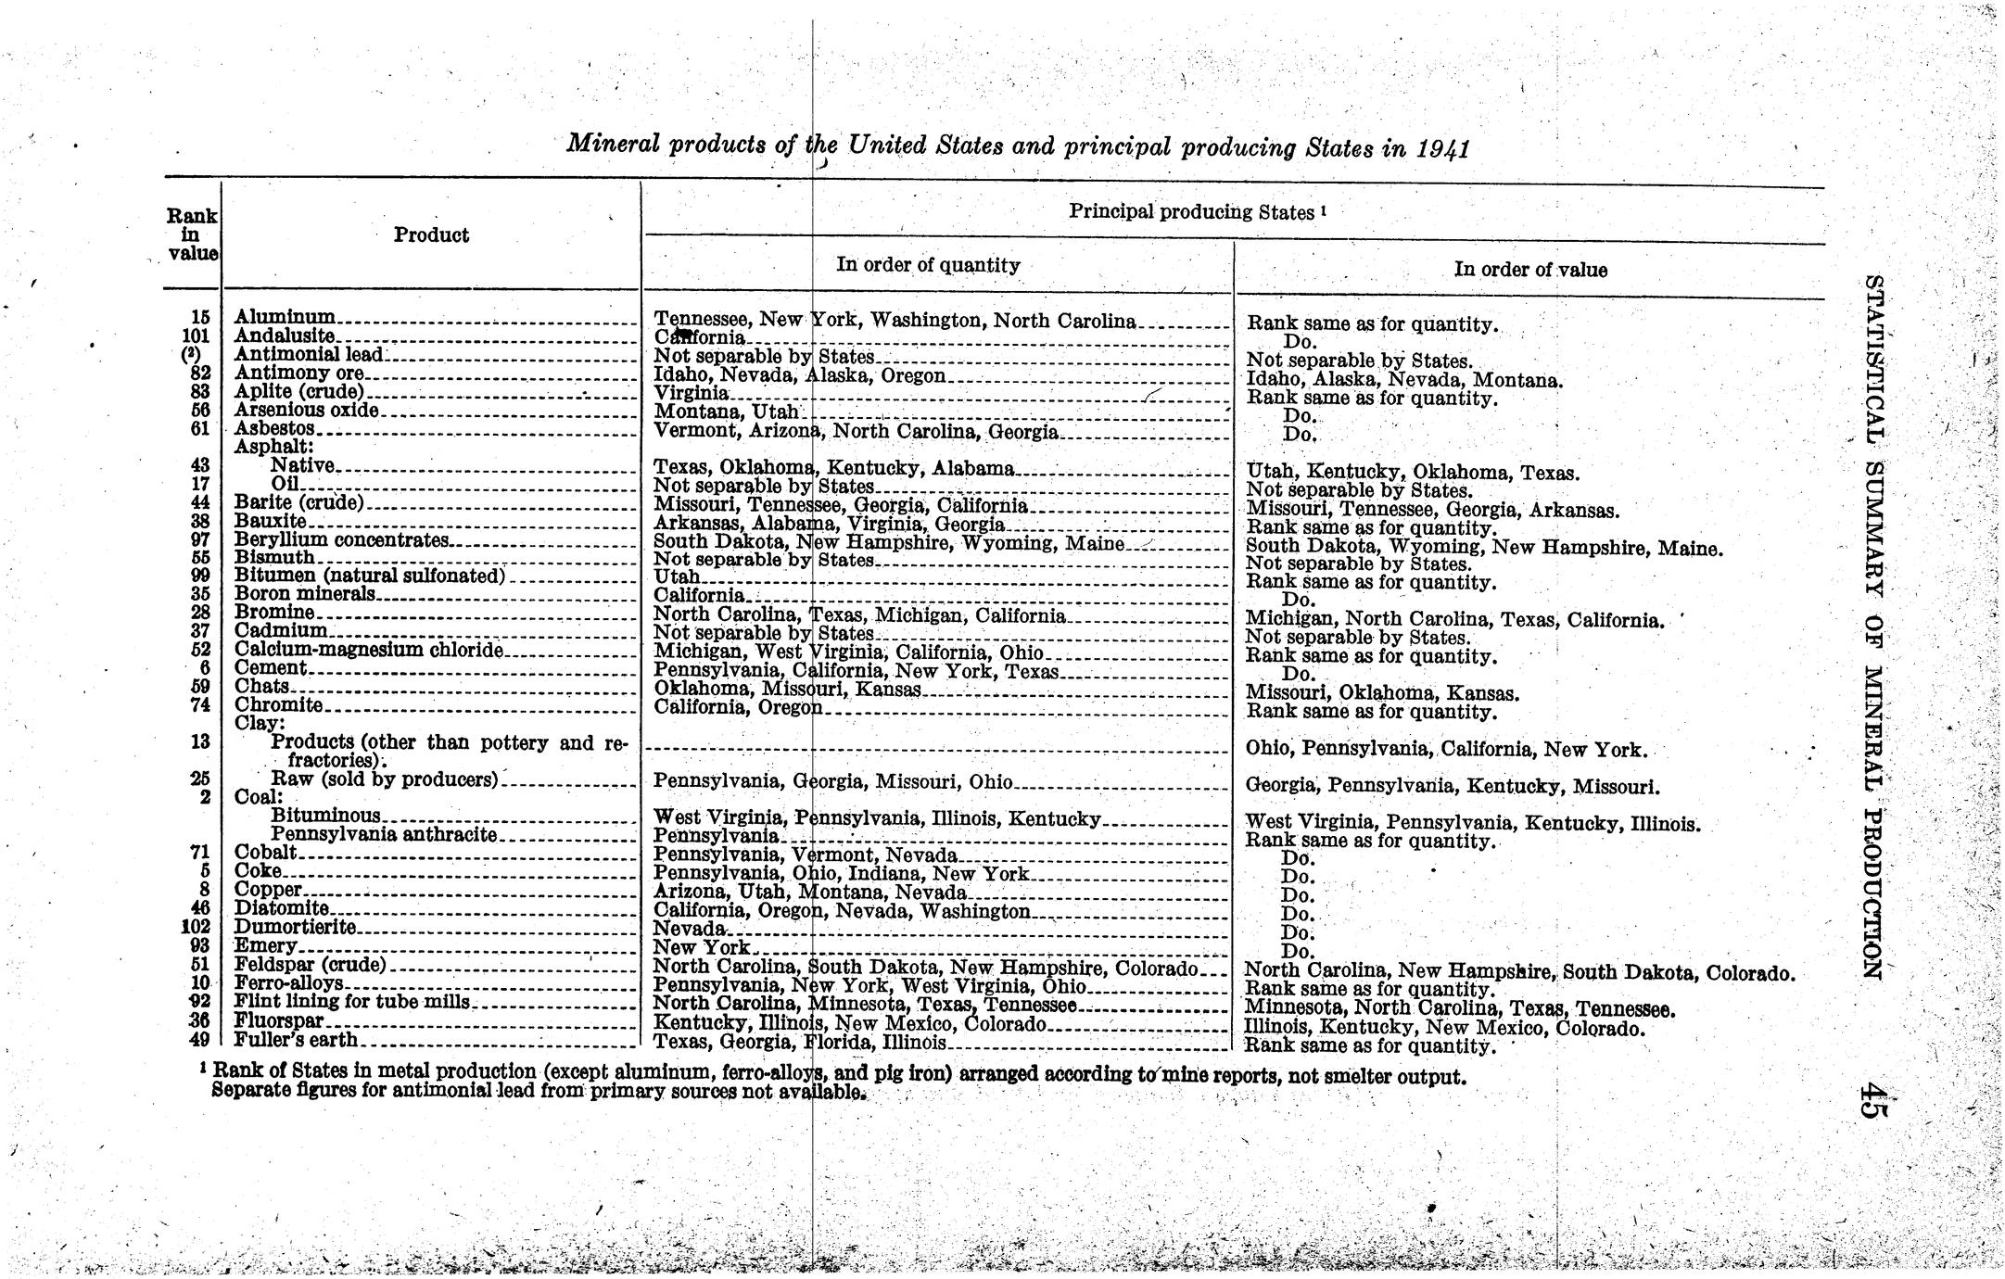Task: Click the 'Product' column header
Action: tap(431, 235)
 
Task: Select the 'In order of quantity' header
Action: tap(927, 265)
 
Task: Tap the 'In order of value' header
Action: tap(1530, 270)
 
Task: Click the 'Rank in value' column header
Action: tap(192, 234)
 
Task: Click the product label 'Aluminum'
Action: tap(285, 317)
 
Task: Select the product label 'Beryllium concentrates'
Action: tap(341, 539)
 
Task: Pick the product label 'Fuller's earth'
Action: tap(296, 1040)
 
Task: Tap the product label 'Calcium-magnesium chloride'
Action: tap(368, 650)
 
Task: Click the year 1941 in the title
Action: tap(1442, 149)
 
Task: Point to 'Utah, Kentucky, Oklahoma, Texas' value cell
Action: tap(1412, 473)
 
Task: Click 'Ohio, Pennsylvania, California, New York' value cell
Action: tap(1445, 749)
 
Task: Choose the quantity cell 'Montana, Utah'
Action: tap(726, 411)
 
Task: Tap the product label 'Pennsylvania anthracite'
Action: tap(384, 834)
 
